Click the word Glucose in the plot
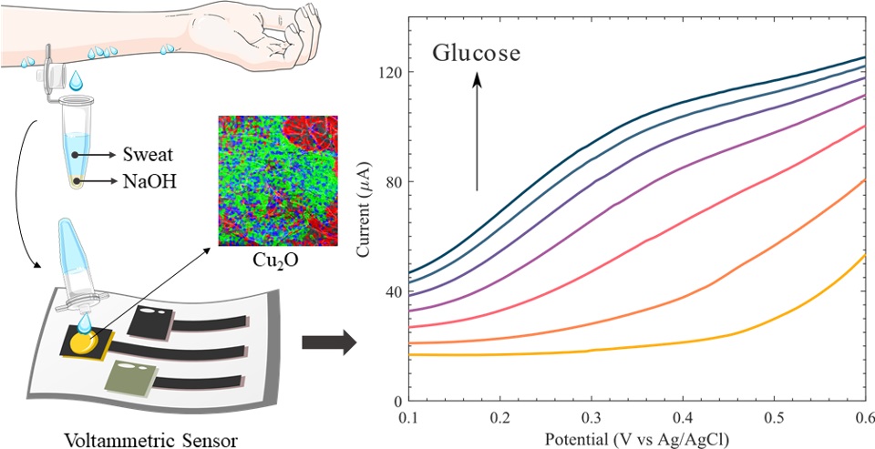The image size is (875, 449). click(476, 53)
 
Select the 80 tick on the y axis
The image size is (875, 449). click(394, 182)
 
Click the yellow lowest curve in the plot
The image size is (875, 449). click(638, 346)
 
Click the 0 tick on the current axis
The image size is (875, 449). click(397, 402)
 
